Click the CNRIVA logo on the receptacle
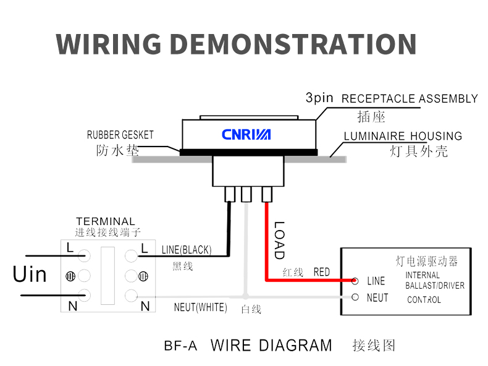246,134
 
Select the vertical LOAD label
279,240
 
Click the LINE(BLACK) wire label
186,250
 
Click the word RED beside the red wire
322,272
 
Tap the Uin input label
30,274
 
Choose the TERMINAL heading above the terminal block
105,221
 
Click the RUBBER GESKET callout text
120,135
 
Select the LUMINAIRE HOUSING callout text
403,136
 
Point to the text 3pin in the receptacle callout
319,98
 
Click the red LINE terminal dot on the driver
355,281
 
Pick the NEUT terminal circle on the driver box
355,297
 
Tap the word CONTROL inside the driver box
424,300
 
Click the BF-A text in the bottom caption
181,346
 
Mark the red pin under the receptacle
267,195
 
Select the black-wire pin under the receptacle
230,195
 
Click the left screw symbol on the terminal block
70,275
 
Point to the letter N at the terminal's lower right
145,305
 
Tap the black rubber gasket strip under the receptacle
248,151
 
